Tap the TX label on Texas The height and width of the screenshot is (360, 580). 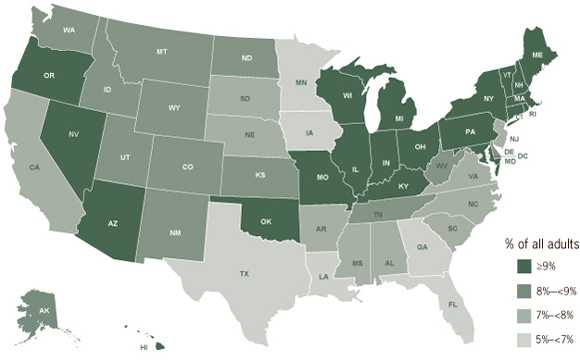243,272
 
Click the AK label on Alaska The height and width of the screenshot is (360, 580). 42,310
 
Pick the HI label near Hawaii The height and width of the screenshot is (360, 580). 144,347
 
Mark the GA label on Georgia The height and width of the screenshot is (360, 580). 423,246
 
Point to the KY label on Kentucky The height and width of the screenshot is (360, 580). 403,185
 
